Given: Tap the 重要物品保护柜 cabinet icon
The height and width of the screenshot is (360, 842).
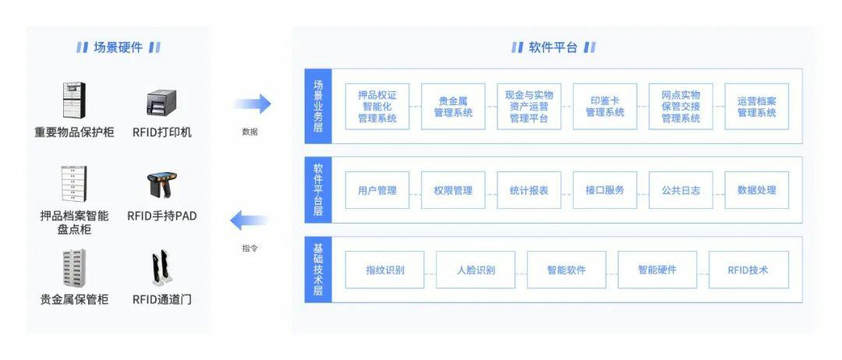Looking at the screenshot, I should (74, 101).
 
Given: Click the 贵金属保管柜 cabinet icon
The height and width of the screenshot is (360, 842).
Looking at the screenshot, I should (74, 268).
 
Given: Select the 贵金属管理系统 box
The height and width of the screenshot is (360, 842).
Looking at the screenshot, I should (453, 107).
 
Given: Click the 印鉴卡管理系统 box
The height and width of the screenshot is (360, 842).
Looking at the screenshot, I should (604, 107).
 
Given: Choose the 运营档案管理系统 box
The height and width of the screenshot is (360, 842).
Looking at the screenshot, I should (756, 107).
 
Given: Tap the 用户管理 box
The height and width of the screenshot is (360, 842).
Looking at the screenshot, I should (377, 190).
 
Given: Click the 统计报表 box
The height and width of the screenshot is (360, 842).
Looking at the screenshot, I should (529, 190).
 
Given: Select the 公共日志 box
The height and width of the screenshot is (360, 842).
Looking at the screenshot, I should (681, 190).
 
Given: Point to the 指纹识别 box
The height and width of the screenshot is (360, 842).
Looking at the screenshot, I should (385, 270).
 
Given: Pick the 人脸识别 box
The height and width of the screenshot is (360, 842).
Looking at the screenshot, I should (476, 270).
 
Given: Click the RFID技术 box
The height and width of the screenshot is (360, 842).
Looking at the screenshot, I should (748, 270).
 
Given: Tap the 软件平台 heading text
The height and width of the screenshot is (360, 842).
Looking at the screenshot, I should (553, 48).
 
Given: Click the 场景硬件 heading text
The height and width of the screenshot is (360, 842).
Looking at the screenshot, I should (118, 48).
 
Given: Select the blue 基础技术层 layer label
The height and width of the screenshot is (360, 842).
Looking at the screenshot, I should (318, 270).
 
